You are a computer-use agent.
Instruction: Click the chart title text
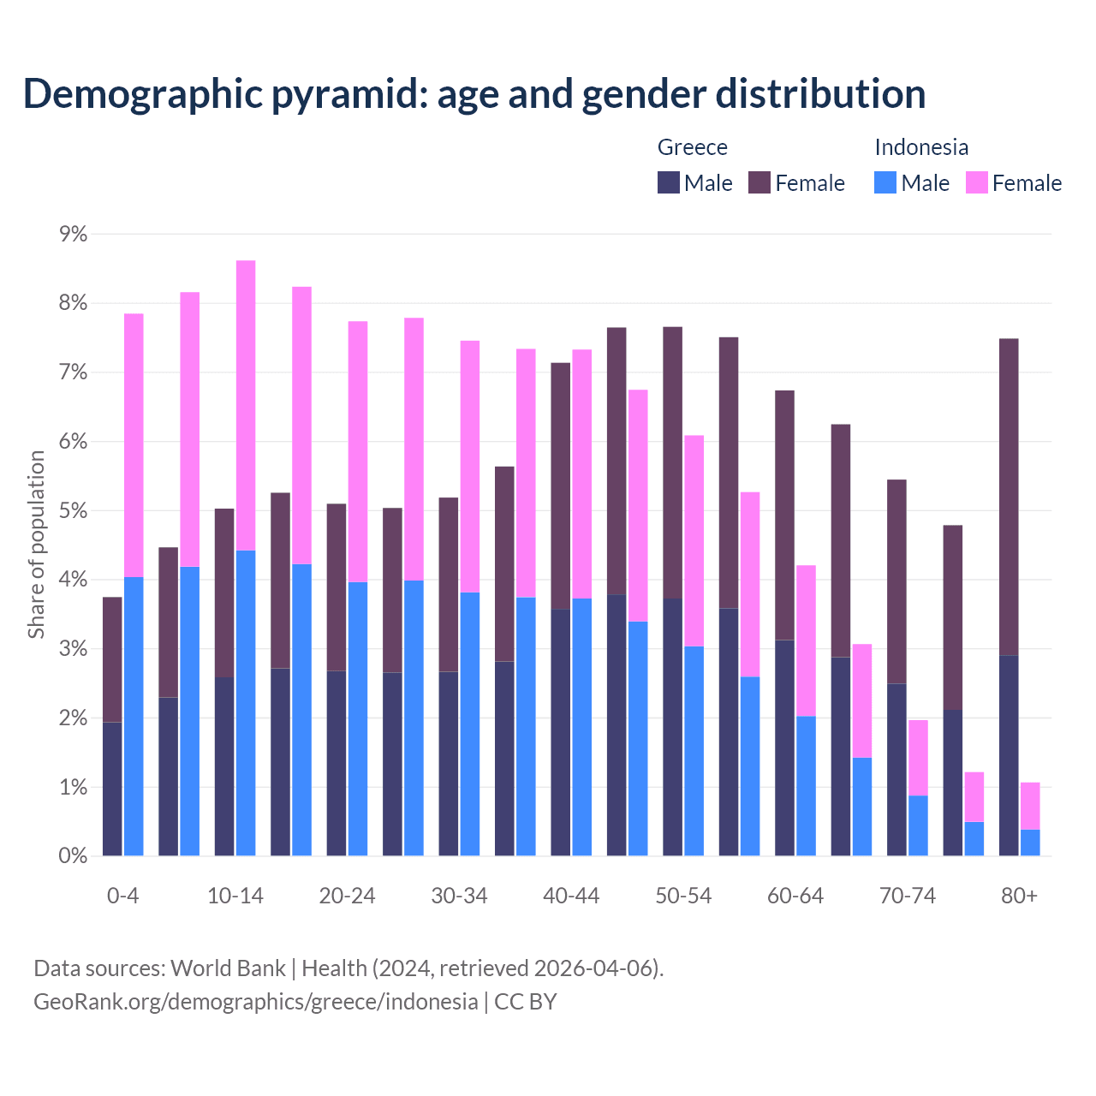474,94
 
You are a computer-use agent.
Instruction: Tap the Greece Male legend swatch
669,182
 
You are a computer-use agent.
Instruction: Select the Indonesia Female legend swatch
977,182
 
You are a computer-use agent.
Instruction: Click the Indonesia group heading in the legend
921,147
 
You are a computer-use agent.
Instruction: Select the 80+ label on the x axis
1019,896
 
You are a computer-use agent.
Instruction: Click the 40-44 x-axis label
571,896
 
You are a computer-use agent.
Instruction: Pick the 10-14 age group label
235,896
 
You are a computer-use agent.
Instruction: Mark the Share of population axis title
36,545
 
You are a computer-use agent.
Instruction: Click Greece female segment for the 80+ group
1009,497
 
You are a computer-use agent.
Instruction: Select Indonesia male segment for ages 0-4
134,716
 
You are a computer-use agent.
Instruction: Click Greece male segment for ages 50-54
672,727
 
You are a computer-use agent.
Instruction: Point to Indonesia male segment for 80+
1030,843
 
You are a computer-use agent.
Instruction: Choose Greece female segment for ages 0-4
112,659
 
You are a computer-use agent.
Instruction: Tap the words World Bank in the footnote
228,968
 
